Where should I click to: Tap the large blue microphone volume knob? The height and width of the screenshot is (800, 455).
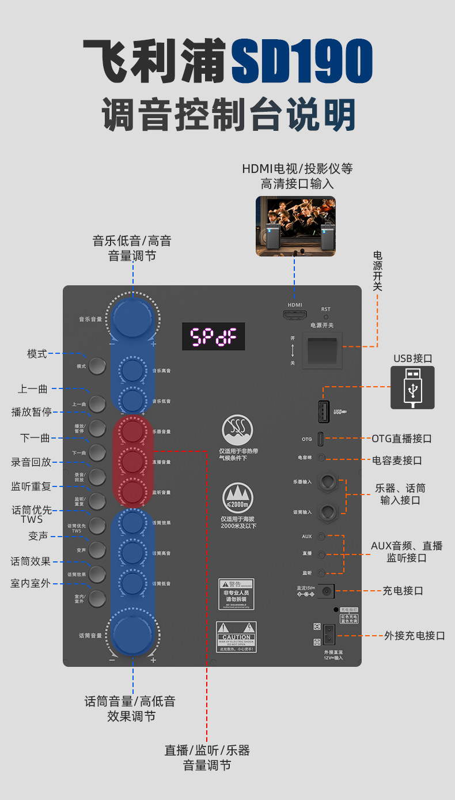(132, 632)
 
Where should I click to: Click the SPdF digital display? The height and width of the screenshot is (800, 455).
(214, 336)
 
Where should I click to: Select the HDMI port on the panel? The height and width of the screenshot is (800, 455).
(294, 315)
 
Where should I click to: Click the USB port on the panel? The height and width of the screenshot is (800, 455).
(324, 411)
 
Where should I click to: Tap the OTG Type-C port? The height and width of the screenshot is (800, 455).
(321, 439)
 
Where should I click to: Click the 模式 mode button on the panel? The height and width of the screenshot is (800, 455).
(98, 366)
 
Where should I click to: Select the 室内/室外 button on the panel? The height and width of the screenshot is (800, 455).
(98, 598)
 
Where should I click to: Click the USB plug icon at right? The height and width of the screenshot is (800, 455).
(412, 387)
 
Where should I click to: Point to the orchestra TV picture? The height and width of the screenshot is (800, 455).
(295, 225)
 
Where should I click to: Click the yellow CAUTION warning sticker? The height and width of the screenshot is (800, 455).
(236, 636)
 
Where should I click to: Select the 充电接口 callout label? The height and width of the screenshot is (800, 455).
(403, 591)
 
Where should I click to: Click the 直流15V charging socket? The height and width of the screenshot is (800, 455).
(328, 591)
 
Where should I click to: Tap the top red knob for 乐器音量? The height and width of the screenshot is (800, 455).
(132, 431)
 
